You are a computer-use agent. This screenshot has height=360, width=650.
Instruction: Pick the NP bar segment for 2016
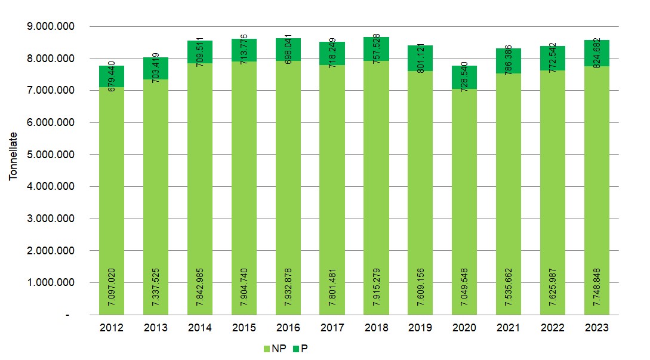pos(288,179)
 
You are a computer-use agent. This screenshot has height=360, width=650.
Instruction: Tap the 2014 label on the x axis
pos(200,328)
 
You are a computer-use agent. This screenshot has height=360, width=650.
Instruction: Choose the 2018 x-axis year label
pos(376,328)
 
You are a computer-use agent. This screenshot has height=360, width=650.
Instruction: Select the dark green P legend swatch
pos(296,349)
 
